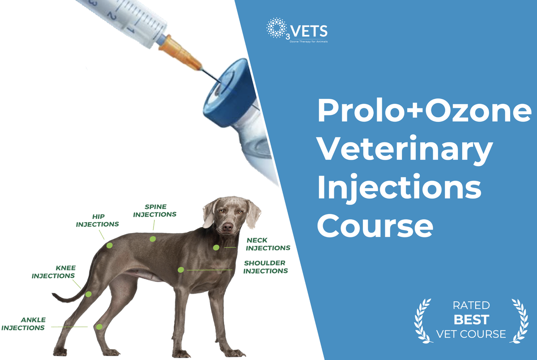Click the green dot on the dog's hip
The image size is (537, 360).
(x=109, y=245)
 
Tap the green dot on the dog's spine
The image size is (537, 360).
(x=153, y=239)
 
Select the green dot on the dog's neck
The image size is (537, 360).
(x=216, y=248)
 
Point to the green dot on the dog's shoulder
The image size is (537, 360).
(x=181, y=270)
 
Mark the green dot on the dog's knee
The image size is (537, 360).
(x=89, y=294)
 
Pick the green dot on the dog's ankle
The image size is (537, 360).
(x=99, y=327)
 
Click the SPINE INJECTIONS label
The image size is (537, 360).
(x=155, y=210)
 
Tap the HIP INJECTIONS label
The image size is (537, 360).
(x=98, y=220)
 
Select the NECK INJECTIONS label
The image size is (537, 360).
(x=268, y=244)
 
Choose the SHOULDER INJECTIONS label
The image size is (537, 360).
(x=265, y=267)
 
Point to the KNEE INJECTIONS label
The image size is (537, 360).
(x=53, y=272)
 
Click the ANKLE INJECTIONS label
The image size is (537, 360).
(x=23, y=324)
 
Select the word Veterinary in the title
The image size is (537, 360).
(x=405, y=151)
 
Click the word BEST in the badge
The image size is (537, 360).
(x=471, y=320)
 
